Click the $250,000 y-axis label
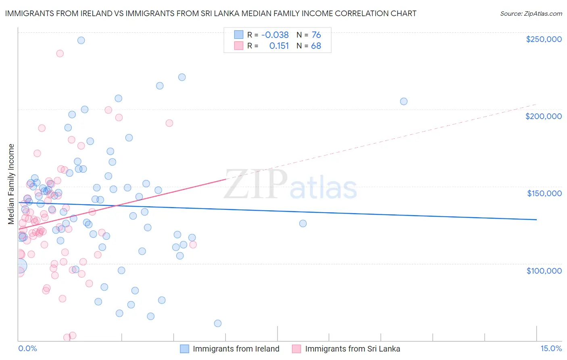click(x=544, y=39)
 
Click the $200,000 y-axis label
click(x=543, y=116)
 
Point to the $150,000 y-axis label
click(x=544, y=193)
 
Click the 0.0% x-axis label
click(x=27, y=348)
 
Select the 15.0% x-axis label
click(x=551, y=348)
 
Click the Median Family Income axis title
click(x=11, y=184)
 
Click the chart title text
click(x=211, y=13)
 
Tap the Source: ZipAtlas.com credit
click(x=531, y=13)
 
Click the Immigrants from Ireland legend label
click(x=236, y=349)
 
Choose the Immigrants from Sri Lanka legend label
click(x=352, y=349)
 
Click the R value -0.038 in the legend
click(x=275, y=35)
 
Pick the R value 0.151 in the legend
click(x=279, y=46)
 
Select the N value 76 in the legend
click(x=316, y=35)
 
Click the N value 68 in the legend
click(x=316, y=46)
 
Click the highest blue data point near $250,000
click(x=81, y=40)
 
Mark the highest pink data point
click(x=60, y=53)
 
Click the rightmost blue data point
click(x=404, y=101)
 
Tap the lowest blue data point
click(x=218, y=323)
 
